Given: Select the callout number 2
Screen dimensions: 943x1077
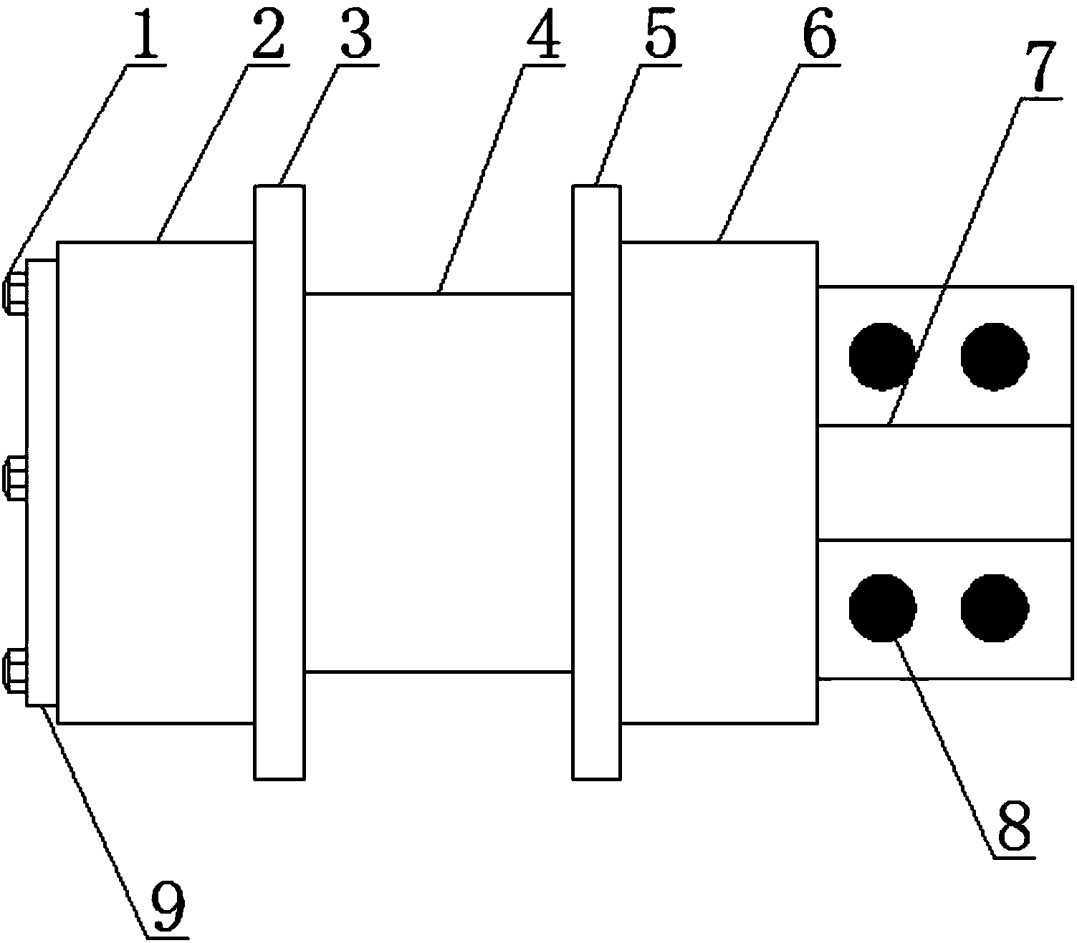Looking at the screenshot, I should (x=267, y=36).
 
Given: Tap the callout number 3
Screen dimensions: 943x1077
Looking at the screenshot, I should (x=355, y=36).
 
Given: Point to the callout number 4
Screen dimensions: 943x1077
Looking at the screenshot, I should (x=544, y=36).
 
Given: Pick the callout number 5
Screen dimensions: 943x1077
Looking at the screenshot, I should (x=659, y=36).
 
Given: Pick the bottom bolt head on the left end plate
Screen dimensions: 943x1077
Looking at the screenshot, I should (x=15, y=670).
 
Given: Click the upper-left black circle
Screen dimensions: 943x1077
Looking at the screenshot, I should (x=882, y=356).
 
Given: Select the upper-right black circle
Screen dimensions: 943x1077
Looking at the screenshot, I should (x=995, y=356).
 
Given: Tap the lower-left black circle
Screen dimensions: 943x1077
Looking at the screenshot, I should (x=882, y=607).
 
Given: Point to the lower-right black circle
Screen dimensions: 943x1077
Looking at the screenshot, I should (x=995, y=607).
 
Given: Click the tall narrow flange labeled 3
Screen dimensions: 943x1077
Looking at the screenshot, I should (x=279, y=481).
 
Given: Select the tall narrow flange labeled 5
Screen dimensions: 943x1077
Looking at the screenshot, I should (x=596, y=481).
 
